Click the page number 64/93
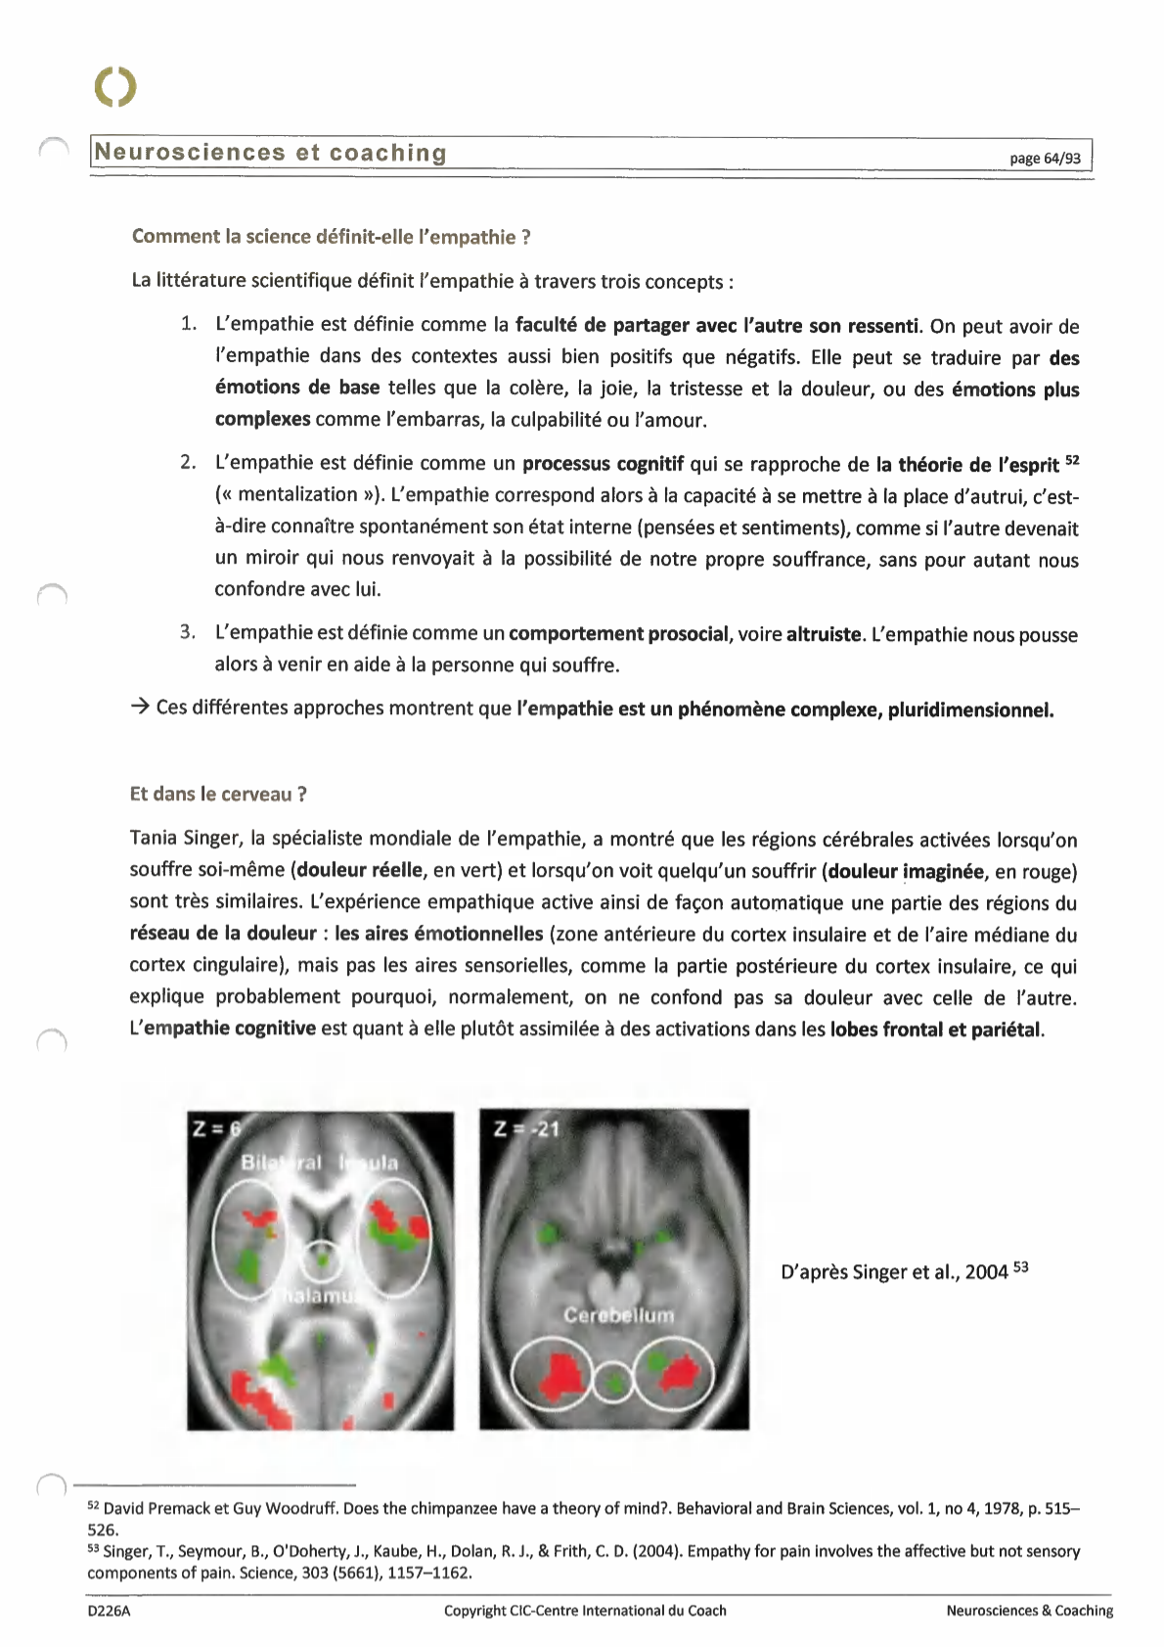[x=1045, y=159]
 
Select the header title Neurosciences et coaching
[x=271, y=153]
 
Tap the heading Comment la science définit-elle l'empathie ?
[x=331, y=237]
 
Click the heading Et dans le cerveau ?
[x=218, y=794]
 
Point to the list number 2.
[x=188, y=462]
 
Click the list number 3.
[x=188, y=632]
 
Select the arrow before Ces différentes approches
[x=139, y=707]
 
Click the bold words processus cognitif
[x=603, y=464]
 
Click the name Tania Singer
[x=184, y=839]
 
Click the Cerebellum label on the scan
[x=618, y=1315]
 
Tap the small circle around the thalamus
[x=320, y=1259]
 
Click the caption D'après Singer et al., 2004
[x=894, y=1272]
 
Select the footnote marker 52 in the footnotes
[x=94, y=1507]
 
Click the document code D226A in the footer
[x=109, y=1611]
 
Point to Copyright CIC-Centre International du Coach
[x=585, y=1611]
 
